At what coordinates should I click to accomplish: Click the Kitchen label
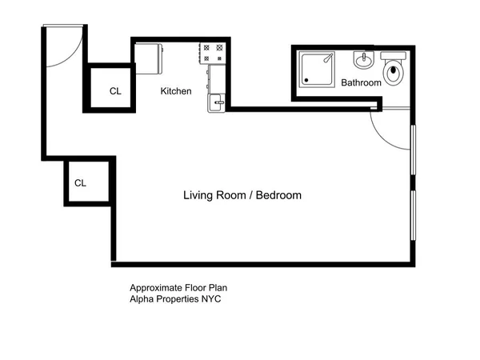(176, 91)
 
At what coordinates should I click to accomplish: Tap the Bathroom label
(361, 83)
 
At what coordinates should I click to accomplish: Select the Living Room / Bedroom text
(242, 195)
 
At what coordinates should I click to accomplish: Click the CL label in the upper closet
(116, 91)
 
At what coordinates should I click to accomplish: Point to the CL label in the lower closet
(80, 183)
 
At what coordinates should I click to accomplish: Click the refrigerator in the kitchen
(149, 58)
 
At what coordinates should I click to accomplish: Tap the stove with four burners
(212, 53)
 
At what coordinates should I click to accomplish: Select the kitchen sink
(215, 102)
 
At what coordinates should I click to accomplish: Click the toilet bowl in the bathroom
(394, 74)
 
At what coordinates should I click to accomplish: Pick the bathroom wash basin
(364, 60)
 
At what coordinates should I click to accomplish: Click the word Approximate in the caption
(155, 287)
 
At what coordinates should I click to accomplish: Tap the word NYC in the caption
(210, 299)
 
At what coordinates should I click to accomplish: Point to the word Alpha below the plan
(142, 299)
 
